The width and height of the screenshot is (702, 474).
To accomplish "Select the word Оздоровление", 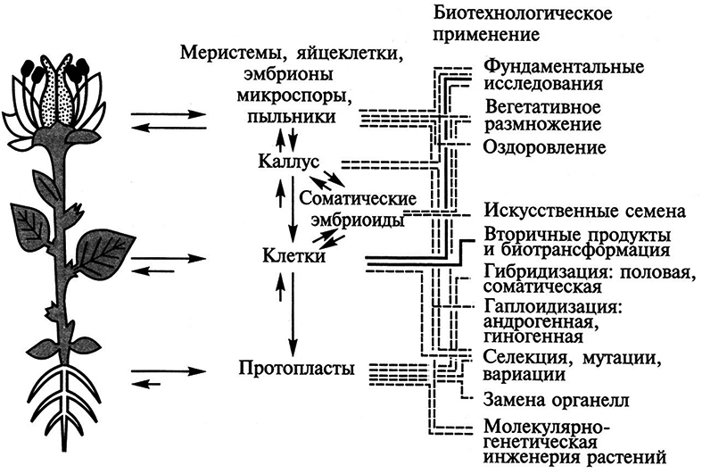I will [x=544, y=146].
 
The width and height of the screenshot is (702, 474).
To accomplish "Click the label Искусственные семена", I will [x=584, y=212].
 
